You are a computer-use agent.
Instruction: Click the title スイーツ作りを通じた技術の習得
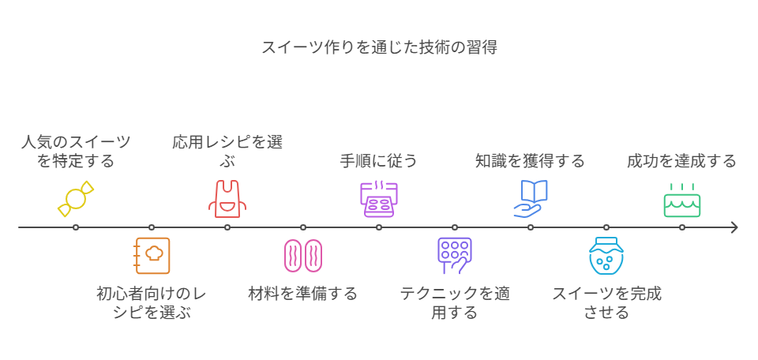click(379, 47)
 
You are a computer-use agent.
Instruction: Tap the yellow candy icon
click(76, 197)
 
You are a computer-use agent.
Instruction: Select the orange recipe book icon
click(152, 255)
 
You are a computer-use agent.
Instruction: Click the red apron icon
click(227, 197)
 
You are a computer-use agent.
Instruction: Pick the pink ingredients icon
click(303, 255)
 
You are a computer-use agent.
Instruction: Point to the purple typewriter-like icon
click(379, 197)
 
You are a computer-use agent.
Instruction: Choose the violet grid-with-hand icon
click(454, 255)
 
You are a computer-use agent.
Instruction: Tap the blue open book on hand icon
click(530, 197)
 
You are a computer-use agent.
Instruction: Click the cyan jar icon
click(606, 255)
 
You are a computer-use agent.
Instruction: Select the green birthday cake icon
click(681, 200)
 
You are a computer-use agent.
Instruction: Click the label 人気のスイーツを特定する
click(76, 152)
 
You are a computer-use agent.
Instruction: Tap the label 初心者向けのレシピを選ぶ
click(152, 303)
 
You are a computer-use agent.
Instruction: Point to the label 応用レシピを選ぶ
click(227, 152)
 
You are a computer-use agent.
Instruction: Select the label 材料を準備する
click(303, 294)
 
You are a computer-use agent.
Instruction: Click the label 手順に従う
click(379, 161)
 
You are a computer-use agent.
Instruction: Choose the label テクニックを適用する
click(454, 303)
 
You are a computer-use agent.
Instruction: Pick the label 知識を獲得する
click(530, 161)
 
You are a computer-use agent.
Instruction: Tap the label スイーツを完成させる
click(606, 303)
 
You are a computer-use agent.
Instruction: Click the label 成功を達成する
click(681, 161)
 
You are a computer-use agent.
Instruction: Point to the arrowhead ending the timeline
click(735, 227)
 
